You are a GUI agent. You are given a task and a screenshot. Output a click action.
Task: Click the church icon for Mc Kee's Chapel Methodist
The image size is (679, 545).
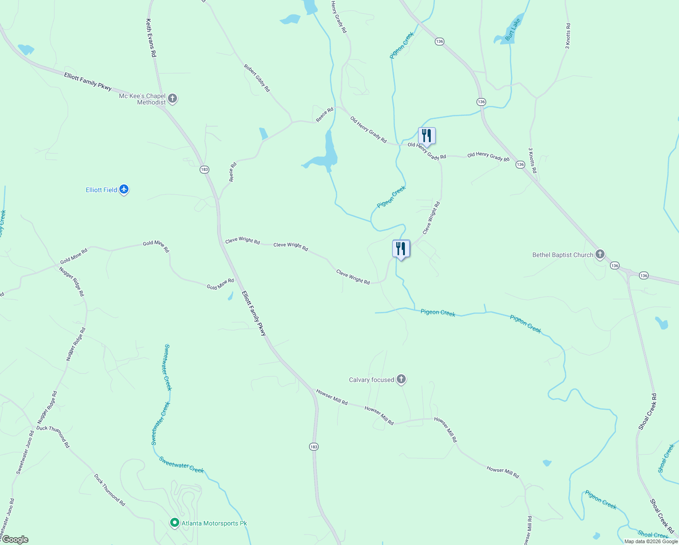(172, 98)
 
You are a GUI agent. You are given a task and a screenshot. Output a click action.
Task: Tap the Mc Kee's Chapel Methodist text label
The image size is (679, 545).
(142, 99)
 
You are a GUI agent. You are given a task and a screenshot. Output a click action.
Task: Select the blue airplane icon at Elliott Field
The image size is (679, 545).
(124, 189)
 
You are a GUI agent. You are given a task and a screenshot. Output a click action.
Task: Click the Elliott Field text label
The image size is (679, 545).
(101, 190)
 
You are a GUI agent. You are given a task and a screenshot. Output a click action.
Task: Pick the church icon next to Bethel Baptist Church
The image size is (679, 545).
(600, 254)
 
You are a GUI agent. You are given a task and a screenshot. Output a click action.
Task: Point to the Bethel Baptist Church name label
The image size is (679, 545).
(562, 255)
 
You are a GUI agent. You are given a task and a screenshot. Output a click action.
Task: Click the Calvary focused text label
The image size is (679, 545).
(371, 380)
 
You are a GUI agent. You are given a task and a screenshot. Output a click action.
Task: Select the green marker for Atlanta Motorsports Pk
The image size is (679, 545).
(175, 523)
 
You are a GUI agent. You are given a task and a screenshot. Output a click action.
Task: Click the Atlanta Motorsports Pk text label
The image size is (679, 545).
(214, 523)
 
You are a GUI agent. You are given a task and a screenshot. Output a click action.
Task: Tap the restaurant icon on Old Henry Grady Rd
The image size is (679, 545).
(427, 136)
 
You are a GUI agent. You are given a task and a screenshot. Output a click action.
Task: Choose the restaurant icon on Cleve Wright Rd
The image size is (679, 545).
(401, 249)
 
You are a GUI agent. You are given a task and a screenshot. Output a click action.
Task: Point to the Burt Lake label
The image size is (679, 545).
(513, 30)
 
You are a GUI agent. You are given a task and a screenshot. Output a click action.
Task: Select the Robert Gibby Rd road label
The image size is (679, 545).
(257, 78)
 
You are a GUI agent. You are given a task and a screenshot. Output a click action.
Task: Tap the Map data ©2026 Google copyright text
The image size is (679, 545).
(651, 541)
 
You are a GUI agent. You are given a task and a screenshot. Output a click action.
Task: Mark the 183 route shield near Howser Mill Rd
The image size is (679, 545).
(314, 446)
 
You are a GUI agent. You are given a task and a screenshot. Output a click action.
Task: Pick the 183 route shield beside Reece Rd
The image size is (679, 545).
(204, 169)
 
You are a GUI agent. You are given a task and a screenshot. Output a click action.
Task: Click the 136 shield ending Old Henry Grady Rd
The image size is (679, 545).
(520, 164)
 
